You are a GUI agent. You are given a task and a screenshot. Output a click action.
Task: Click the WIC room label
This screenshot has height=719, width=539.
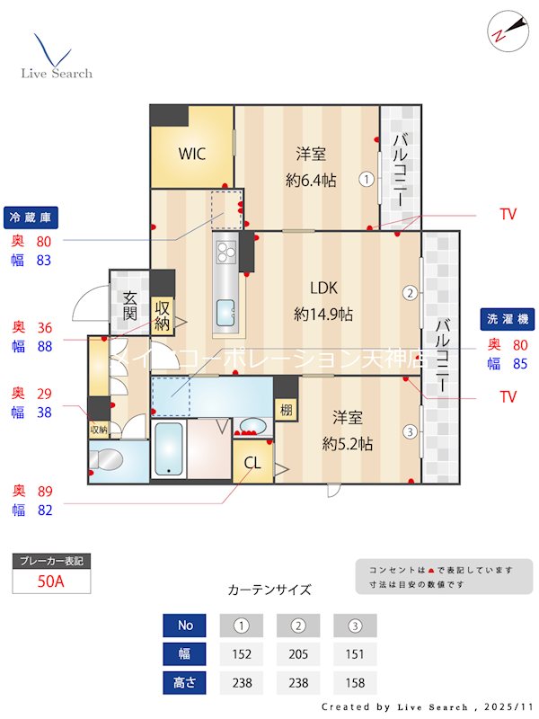click(191, 154)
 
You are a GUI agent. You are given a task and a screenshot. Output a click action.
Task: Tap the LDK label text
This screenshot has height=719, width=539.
click(323, 288)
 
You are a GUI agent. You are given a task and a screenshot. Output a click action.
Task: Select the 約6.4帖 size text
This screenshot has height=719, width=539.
click(311, 180)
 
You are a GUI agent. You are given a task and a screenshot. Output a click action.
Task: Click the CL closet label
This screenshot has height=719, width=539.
click(252, 465)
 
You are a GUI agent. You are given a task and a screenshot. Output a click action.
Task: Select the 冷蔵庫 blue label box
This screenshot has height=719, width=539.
click(31, 217)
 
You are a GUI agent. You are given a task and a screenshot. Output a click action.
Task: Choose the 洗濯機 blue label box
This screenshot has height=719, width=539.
click(508, 318)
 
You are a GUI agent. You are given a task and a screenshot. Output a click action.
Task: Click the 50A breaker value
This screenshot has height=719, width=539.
click(51, 581)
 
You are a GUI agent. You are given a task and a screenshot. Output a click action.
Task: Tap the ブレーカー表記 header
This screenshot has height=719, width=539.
click(51, 561)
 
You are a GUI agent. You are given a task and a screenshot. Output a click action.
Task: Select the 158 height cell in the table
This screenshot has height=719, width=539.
click(355, 682)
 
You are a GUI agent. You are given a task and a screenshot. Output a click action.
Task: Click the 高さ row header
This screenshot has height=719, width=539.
click(185, 682)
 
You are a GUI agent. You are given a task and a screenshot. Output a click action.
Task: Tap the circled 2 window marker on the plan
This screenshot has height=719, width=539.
click(410, 292)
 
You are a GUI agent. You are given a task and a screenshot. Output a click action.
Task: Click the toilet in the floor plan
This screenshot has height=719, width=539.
click(107, 460)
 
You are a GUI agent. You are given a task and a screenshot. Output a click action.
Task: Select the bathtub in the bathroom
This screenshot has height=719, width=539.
click(169, 449)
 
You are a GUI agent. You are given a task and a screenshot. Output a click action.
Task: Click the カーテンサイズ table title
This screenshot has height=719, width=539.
click(269, 590)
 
